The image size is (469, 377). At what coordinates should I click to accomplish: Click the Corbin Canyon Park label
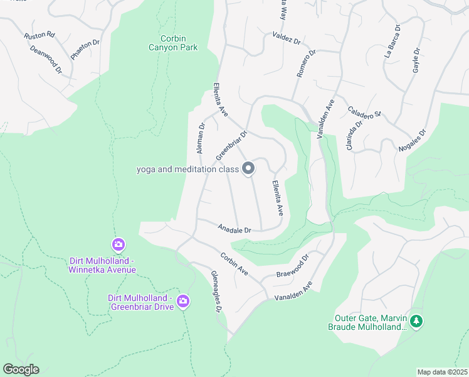(x=173, y=42)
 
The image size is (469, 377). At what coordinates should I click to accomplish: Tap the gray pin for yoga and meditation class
(x=248, y=168)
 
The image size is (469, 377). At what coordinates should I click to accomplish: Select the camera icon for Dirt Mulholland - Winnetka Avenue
(x=117, y=244)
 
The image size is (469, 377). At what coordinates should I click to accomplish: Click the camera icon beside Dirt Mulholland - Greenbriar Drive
(x=182, y=302)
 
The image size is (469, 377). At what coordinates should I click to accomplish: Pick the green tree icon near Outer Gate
(x=416, y=322)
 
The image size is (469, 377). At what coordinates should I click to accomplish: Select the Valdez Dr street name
(x=287, y=38)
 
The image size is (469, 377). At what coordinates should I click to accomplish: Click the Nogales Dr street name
(x=412, y=141)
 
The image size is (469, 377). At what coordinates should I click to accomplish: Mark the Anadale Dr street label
(x=234, y=229)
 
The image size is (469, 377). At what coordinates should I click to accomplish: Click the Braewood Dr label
(x=293, y=266)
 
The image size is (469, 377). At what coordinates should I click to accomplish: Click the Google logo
(x=21, y=369)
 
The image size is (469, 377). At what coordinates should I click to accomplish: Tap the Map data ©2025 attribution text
(x=442, y=372)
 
